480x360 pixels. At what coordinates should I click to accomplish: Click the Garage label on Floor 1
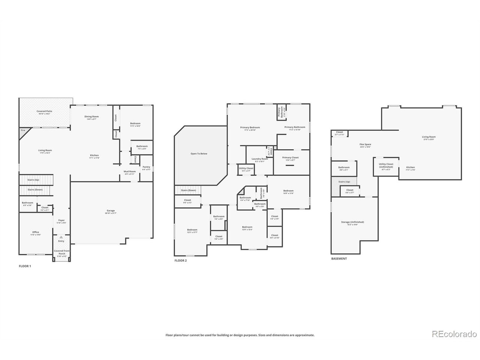click(111, 211)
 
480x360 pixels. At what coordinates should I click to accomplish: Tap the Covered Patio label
click(44, 111)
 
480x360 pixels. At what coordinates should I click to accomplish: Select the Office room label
click(36, 232)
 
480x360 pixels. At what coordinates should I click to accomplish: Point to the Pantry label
click(146, 167)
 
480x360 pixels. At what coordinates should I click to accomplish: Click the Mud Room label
click(130, 172)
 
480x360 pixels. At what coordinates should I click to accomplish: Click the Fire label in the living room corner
click(23, 130)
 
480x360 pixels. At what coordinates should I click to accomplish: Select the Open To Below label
click(199, 153)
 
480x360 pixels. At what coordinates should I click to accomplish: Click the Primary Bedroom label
click(250, 127)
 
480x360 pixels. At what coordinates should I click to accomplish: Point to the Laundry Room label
click(259, 159)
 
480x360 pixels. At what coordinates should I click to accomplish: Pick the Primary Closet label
click(290, 158)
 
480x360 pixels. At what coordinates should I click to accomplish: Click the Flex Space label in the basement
click(365, 144)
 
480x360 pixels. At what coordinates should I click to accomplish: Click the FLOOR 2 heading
click(180, 260)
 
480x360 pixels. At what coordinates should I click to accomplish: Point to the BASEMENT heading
click(339, 258)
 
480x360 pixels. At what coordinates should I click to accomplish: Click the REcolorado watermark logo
click(454, 334)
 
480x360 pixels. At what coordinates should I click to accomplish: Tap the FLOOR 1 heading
click(25, 266)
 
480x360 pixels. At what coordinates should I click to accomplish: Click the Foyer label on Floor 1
click(61, 220)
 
